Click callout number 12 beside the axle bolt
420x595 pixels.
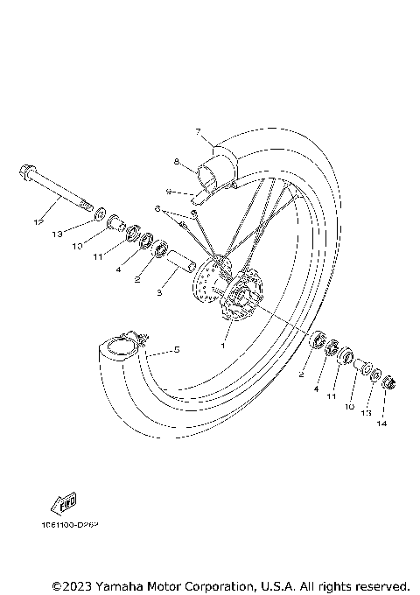37,223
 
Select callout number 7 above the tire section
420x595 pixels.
199,132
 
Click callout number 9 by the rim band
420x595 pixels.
169,191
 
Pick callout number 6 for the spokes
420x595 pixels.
157,209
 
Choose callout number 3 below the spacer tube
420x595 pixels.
159,294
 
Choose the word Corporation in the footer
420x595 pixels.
224,584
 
